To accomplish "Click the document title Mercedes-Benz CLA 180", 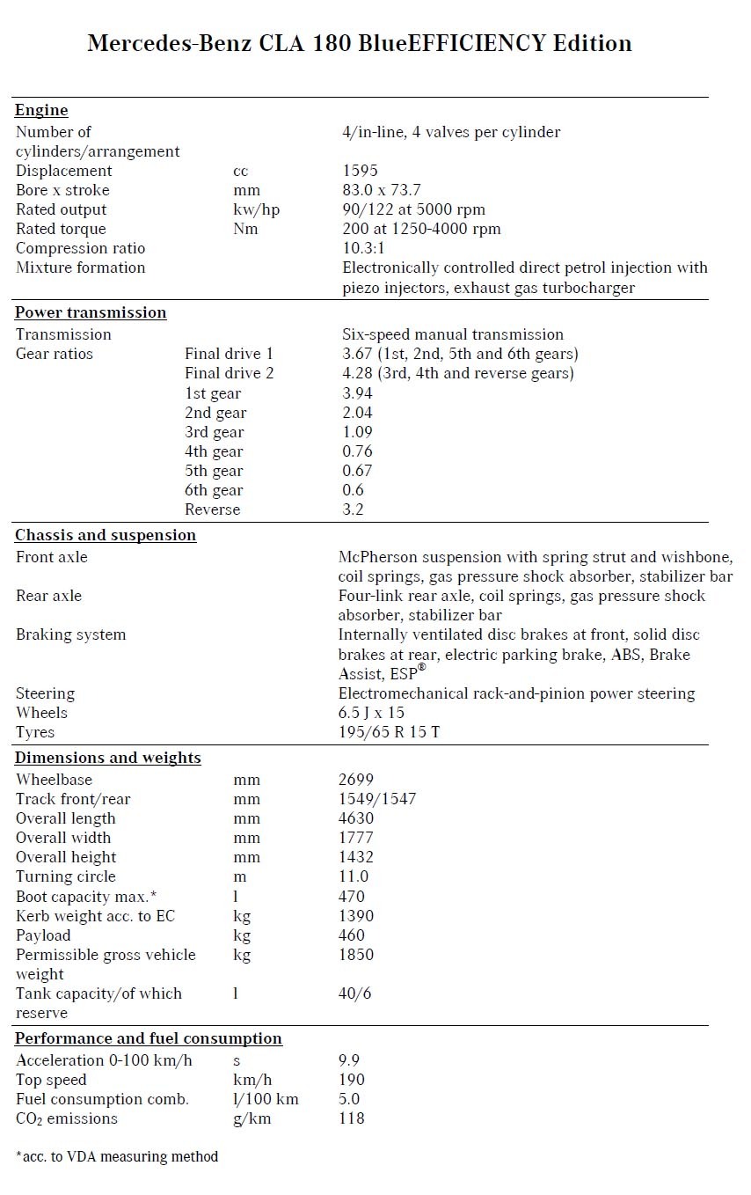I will tap(359, 43).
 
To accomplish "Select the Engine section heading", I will tap(41, 110).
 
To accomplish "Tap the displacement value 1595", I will tap(360, 171).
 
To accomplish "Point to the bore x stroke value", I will tap(382, 190).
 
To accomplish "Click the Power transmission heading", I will tap(91, 312).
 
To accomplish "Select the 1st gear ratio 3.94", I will tap(358, 393).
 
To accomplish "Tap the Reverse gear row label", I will tap(212, 510).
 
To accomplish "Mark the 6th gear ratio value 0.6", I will tap(353, 490).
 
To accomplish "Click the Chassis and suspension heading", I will tap(106, 535).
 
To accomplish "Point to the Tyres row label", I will tap(35, 732).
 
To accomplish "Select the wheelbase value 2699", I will tap(356, 780).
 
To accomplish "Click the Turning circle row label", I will tap(66, 876).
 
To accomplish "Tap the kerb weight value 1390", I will tap(356, 916).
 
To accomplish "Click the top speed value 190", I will tap(352, 1080).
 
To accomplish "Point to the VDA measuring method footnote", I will tap(117, 1156).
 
